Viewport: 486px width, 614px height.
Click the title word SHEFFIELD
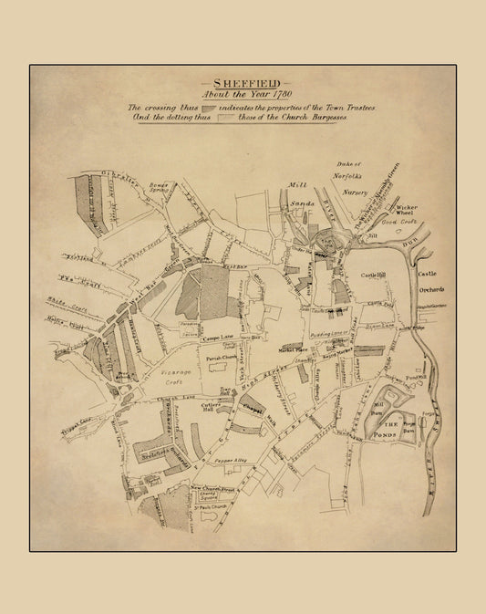(x=242, y=79)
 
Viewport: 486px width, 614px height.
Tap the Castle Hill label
(x=375, y=275)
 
